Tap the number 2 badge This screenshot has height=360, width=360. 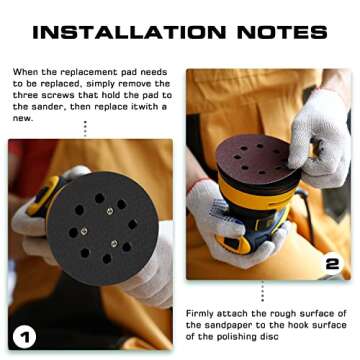332,264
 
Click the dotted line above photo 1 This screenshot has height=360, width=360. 85,129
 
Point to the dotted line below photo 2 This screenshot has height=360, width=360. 263,291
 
